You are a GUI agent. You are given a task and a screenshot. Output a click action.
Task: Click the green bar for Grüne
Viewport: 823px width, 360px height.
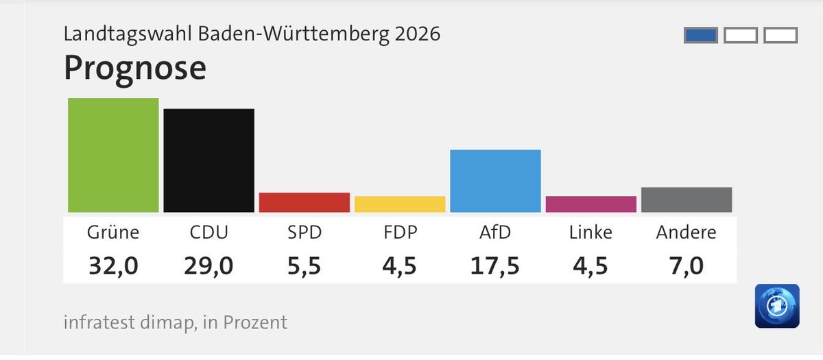click(x=113, y=155)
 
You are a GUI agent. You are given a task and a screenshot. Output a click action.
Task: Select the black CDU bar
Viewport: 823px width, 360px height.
click(x=208, y=160)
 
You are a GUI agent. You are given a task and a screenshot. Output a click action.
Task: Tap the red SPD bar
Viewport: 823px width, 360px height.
click(x=304, y=202)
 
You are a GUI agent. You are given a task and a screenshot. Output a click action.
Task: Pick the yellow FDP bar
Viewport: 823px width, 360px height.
click(x=400, y=204)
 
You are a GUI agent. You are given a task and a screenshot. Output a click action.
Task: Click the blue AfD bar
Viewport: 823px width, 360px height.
click(x=495, y=181)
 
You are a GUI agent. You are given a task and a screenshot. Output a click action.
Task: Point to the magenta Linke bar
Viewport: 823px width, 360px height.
click(x=591, y=204)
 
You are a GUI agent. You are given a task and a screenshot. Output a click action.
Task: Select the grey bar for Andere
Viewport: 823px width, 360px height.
click(x=686, y=200)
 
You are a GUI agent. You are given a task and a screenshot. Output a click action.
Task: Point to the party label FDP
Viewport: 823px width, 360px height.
click(x=400, y=232)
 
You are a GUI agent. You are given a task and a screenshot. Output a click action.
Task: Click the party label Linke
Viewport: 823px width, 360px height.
click(x=591, y=232)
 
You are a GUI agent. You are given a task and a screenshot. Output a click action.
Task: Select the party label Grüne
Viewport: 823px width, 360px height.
click(x=113, y=232)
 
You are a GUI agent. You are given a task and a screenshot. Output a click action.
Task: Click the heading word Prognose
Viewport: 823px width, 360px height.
click(x=134, y=69)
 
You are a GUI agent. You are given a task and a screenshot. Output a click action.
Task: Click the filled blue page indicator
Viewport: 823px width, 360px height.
click(x=701, y=35)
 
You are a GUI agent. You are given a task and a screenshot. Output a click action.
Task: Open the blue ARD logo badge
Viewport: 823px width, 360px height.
click(x=777, y=306)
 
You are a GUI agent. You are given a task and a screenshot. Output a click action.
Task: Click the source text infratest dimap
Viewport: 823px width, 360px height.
click(x=129, y=322)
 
